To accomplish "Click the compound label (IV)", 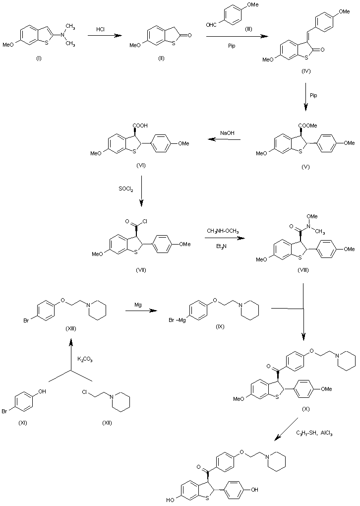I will click(x=306, y=72).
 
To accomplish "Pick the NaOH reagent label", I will click(x=228, y=132).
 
